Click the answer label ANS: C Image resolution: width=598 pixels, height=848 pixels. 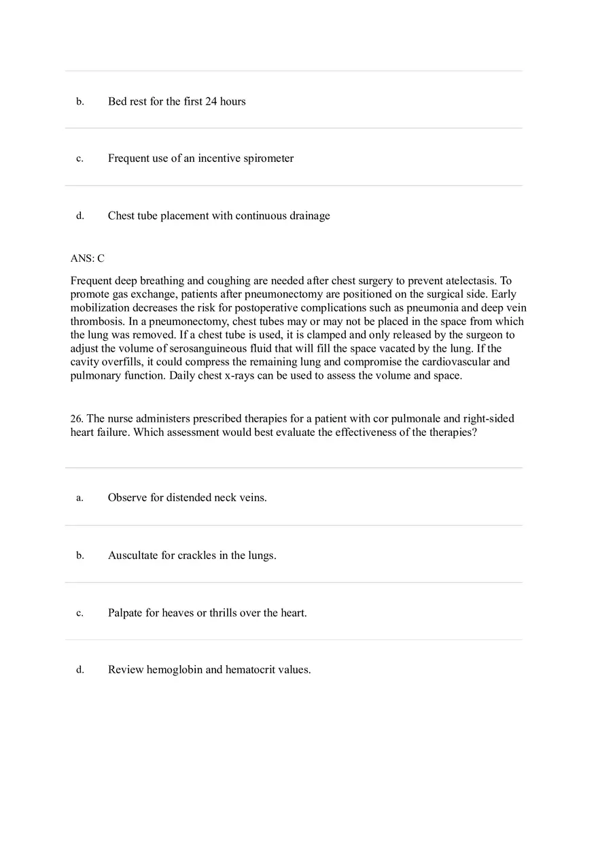pos(87,258)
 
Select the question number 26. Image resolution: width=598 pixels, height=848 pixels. pos(77,419)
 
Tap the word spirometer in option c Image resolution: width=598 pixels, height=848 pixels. pos(268,158)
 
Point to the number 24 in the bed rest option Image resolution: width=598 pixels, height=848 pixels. pos(211,101)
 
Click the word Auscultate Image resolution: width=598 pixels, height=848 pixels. pos(133,556)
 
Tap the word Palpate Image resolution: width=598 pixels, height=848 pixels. pos(125,613)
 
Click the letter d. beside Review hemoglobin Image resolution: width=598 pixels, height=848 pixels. pos(80,670)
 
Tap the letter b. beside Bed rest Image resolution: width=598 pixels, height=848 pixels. pos(80,101)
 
